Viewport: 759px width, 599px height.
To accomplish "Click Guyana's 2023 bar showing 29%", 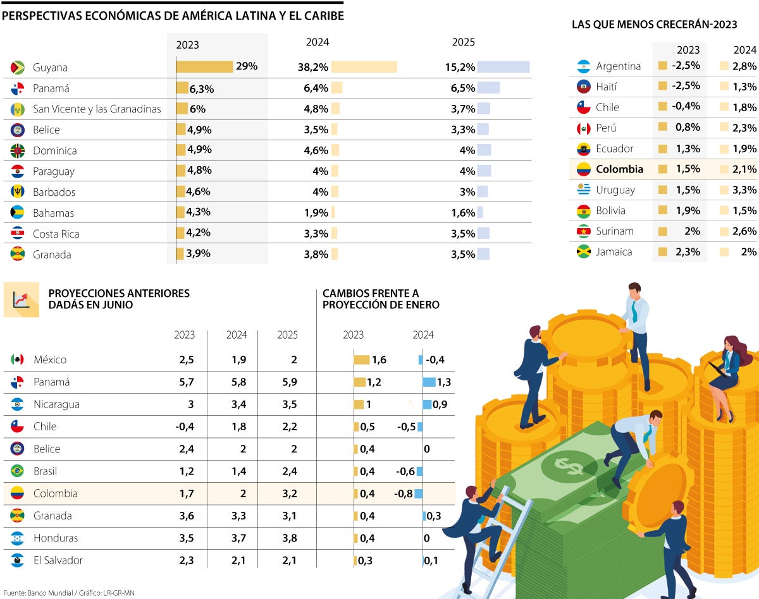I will [x=204, y=67].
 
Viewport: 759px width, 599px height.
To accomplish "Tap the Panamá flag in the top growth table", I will [x=18, y=88].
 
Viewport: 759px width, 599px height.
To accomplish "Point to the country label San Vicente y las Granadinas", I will [x=97, y=109].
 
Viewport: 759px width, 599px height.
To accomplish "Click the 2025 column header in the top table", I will [x=463, y=42].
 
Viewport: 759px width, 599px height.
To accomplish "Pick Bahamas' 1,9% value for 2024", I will [x=316, y=213].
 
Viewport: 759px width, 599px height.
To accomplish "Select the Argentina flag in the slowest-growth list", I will [x=583, y=66].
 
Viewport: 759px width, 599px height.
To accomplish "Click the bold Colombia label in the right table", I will [x=619, y=169].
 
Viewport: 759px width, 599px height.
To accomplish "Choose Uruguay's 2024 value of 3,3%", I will [x=744, y=190].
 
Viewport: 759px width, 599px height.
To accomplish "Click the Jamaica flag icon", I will [x=583, y=252].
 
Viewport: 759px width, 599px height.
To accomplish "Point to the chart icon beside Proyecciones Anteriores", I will [x=22, y=299].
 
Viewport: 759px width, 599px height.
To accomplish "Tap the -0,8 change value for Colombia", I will [x=404, y=493].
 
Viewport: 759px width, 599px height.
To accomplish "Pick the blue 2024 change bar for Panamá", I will [x=429, y=382].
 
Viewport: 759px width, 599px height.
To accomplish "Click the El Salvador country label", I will [x=58, y=560].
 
